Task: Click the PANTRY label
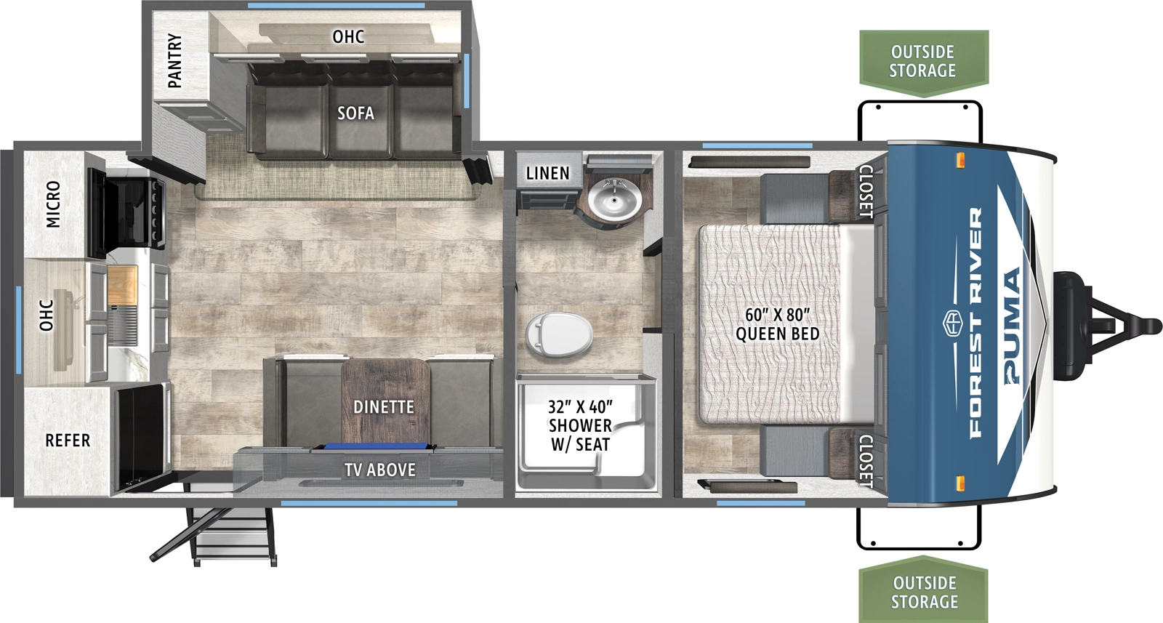(x=175, y=61)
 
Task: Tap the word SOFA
(x=355, y=113)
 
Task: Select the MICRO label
(x=53, y=204)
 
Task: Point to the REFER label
(x=68, y=441)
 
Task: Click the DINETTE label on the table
(x=384, y=407)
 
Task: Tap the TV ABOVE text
(x=380, y=470)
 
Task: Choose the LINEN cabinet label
(x=547, y=174)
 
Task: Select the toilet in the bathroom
(x=558, y=334)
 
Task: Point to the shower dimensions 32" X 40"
(x=580, y=407)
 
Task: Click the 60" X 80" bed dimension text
(x=777, y=315)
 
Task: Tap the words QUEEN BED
(x=777, y=334)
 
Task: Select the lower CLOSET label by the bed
(x=866, y=460)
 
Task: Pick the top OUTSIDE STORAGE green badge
(x=923, y=62)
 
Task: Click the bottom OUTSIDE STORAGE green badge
(x=924, y=592)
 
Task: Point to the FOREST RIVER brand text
(x=975, y=323)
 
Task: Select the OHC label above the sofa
(x=348, y=36)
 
